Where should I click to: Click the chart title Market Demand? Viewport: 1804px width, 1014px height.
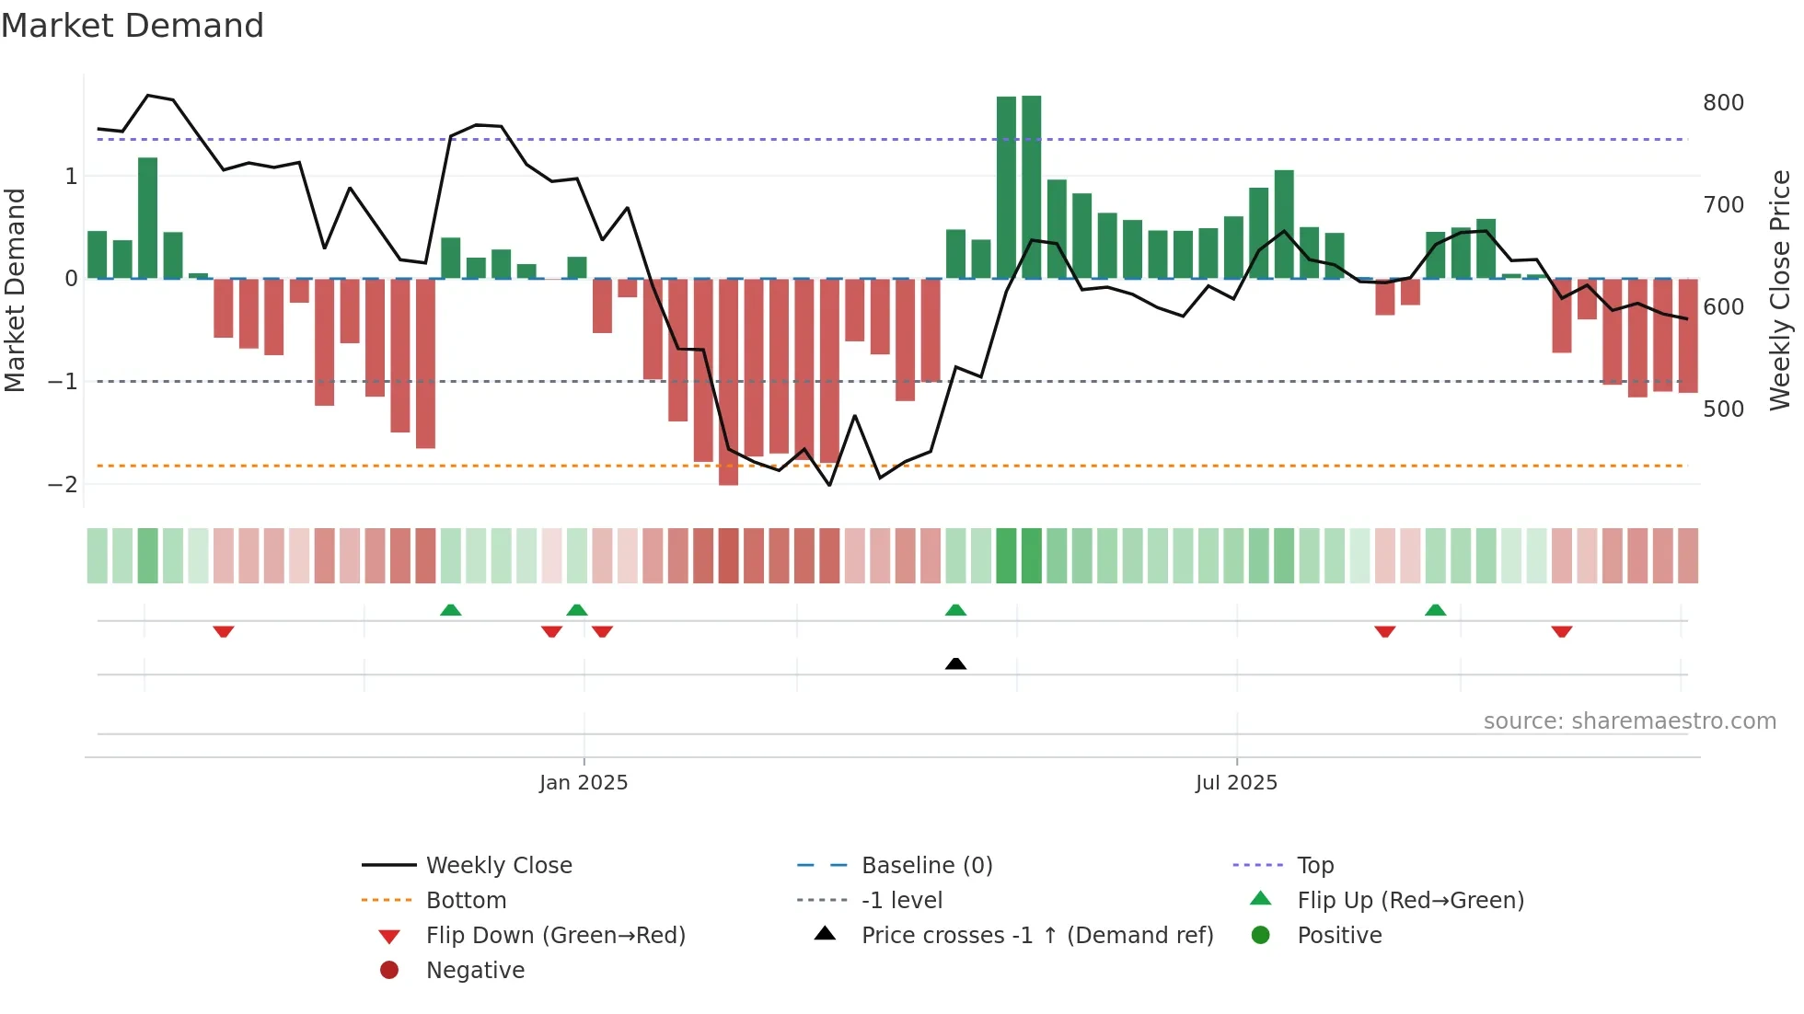133,26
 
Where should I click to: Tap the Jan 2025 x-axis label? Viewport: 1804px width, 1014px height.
584,783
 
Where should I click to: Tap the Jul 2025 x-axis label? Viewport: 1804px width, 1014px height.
1236,783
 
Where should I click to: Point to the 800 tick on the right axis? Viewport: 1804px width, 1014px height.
1723,103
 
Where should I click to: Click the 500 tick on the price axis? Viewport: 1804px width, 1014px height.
1723,409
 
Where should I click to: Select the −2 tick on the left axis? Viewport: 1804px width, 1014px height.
64,485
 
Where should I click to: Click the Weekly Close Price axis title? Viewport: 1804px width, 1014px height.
1780,290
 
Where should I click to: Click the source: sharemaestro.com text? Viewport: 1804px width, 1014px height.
1629,721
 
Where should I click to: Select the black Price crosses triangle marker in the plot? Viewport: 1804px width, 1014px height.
955,663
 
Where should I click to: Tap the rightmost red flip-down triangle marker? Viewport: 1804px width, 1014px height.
1561,631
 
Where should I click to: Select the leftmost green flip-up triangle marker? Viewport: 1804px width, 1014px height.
450,610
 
